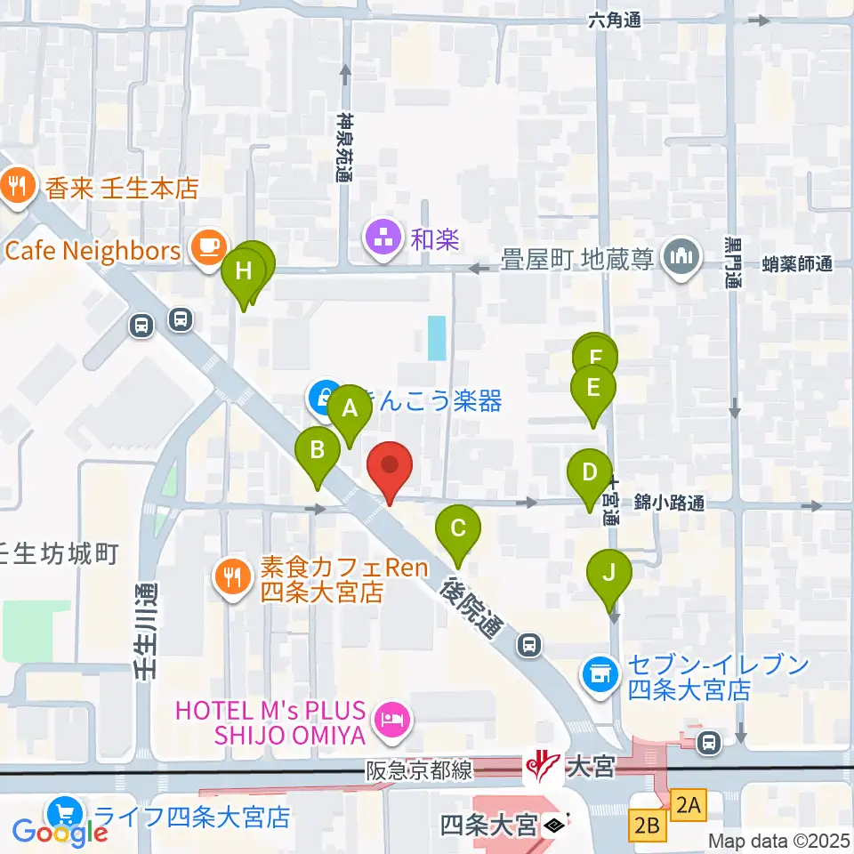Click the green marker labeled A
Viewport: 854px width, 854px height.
point(350,410)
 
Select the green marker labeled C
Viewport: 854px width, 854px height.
point(457,530)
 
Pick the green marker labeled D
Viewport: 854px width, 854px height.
point(590,472)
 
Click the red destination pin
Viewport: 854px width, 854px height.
point(389,467)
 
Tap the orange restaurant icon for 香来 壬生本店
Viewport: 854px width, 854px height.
point(17,187)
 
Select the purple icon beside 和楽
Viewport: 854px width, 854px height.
point(383,238)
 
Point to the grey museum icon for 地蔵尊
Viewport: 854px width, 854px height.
point(682,257)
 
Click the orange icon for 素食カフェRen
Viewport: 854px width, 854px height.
point(233,576)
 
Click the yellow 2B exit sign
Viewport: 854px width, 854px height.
point(648,826)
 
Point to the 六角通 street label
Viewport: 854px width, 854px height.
point(614,22)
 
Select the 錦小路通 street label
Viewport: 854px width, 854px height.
point(669,504)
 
